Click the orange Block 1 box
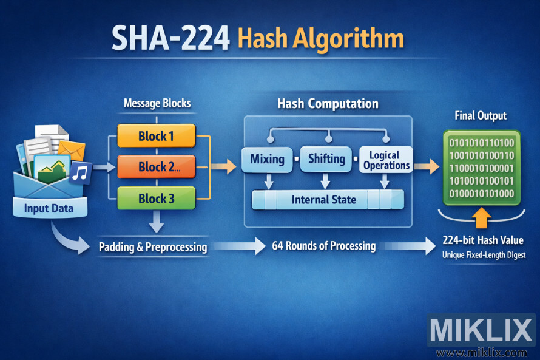click(156, 135)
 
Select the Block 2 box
click(156, 167)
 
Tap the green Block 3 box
click(156, 199)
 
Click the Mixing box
click(267, 160)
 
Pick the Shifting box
click(326, 160)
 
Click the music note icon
click(80, 173)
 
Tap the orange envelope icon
click(72, 149)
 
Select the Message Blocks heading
click(157, 103)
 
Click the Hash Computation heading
click(328, 104)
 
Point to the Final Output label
click(481, 115)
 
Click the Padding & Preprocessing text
click(153, 247)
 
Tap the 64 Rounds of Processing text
click(323, 246)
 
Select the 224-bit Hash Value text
click(483, 240)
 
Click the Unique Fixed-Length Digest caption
click(483, 256)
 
